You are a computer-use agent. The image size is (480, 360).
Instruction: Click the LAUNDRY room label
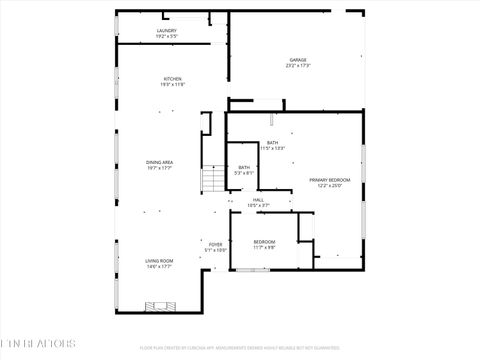167,31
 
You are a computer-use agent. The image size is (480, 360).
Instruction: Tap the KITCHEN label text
173,79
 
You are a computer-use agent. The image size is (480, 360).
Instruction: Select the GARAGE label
298,60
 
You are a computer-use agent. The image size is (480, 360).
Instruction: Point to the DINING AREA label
161,161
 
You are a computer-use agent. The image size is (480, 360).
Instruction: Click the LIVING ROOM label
160,260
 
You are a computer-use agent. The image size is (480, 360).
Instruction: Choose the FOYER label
216,244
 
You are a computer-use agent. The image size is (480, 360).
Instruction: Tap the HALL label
258,200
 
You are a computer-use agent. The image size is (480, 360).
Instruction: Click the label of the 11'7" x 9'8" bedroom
264,242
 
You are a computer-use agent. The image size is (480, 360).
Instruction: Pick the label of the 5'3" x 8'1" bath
244,168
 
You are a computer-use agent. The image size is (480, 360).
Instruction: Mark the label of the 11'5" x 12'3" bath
273,143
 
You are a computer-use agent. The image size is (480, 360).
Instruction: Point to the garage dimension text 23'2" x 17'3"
298,66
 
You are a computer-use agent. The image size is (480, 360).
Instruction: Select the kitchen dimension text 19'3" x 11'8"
173,85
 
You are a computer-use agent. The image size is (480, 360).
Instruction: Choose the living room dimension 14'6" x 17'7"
160,266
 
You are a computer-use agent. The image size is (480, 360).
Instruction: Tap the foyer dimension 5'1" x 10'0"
216,250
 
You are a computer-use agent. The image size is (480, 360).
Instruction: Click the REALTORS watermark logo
38,343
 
